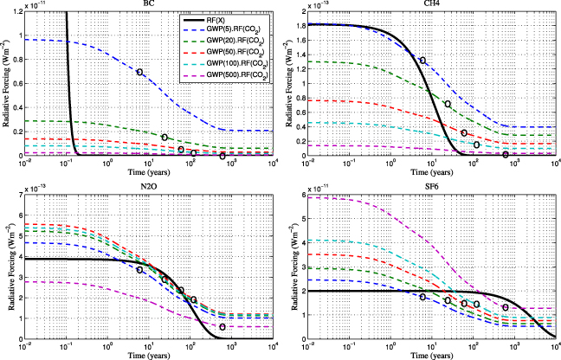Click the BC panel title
(146, 4)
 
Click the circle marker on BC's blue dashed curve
(140, 72)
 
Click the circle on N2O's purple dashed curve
(222, 327)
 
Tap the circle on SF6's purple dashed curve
(506, 307)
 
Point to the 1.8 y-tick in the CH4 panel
(299, 25)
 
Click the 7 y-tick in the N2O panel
(18, 190)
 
